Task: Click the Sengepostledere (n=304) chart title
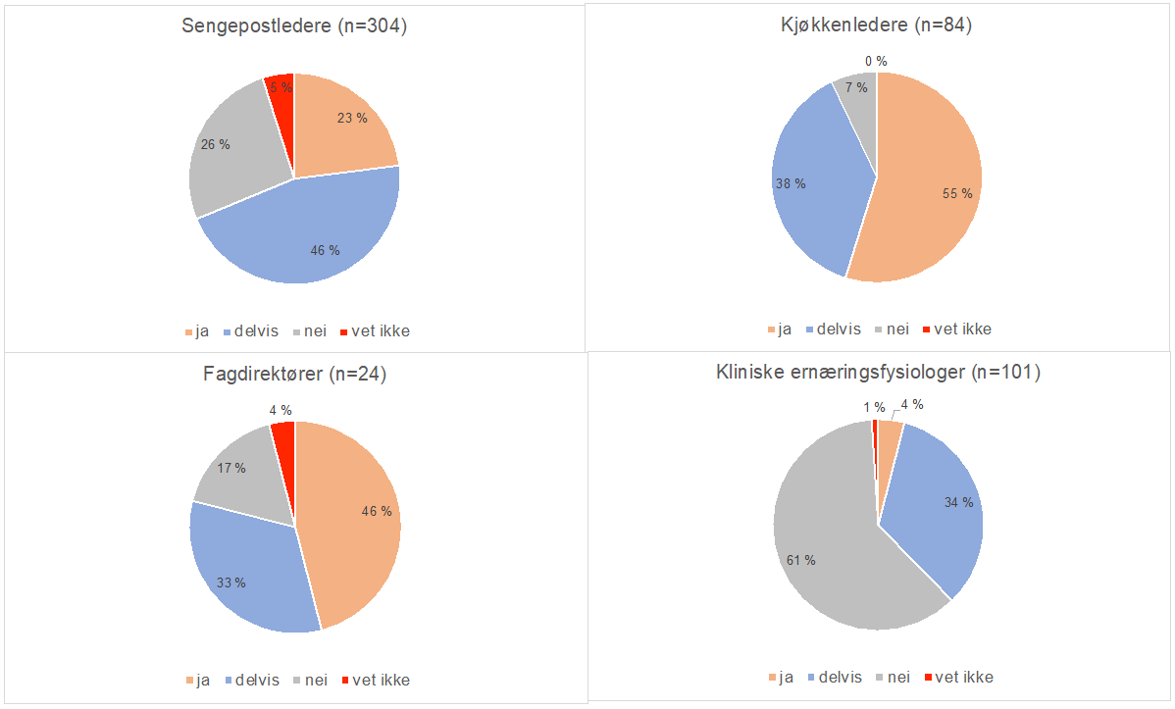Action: [x=294, y=26]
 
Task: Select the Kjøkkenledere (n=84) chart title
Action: [x=870, y=26]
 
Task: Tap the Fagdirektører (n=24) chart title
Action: [x=294, y=374]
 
